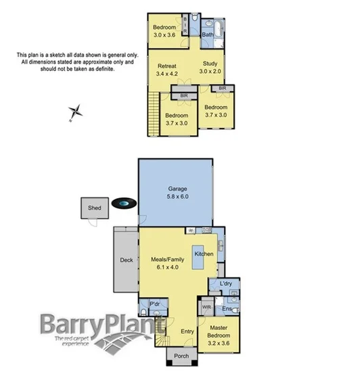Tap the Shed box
point(94,208)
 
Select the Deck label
point(127,260)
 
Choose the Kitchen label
point(204,254)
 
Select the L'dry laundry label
point(226,284)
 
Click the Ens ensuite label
point(227,309)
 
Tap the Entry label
point(187,331)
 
